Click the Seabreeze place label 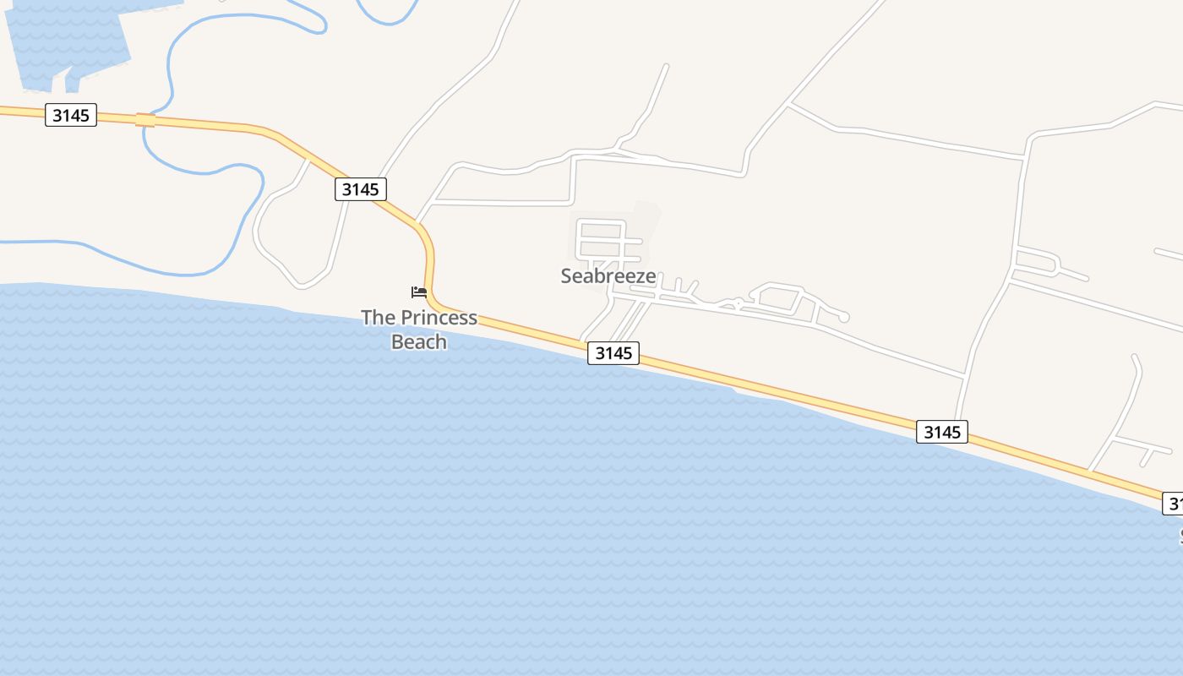(x=608, y=276)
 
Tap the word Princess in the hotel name (x=439, y=319)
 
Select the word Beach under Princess (x=419, y=341)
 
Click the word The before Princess (x=378, y=319)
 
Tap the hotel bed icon (x=419, y=292)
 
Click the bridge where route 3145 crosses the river (x=145, y=120)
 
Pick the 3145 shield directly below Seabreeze (x=613, y=353)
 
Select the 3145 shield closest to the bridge (x=71, y=115)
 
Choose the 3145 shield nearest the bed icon (x=361, y=189)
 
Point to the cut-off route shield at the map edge (x=1173, y=504)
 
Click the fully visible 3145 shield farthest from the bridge (x=942, y=432)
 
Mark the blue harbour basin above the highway (x=68, y=42)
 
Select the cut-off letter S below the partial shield (x=1180, y=536)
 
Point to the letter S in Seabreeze (x=567, y=276)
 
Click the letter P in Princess (x=406, y=319)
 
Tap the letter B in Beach (x=397, y=341)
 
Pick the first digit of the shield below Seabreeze (x=600, y=353)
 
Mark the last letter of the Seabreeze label (x=651, y=277)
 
